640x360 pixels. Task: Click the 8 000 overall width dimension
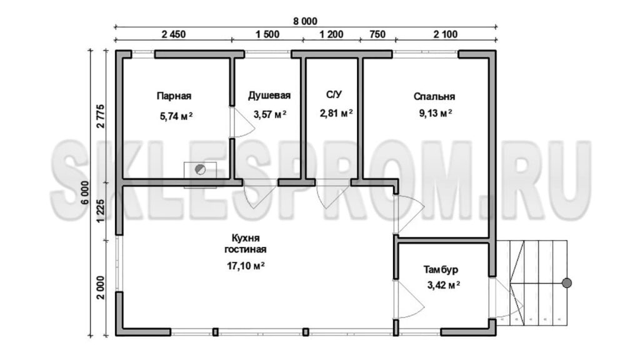(x=305, y=21)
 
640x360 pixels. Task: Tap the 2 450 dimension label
(x=174, y=34)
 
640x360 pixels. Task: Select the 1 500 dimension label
(x=267, y=34)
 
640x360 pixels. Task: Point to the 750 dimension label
(x=377, y=34)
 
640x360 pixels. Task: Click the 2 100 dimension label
(x=445, y=34)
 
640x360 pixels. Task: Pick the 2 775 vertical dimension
(x=101, y=116)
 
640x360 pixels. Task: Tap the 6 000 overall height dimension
(x=85, y=192)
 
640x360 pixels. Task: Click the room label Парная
(x=174, y=96)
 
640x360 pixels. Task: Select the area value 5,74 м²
(x=176, y=116)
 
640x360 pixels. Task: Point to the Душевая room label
(x=269, y=96)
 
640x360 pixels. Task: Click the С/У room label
(x=334, y=95)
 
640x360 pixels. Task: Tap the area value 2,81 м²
(x=336, y=113)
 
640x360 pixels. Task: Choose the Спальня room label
(x=434, y=97)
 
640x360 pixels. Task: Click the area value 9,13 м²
(x=436, y=113)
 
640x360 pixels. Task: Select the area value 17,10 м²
(x=246, y=266)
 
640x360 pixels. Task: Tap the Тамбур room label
(x=441, y=270)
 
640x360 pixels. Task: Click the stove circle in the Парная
(x=201, y=169)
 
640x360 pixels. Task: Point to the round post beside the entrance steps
(x=566, y=283)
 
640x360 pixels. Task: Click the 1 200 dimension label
(x=331, y=34)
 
